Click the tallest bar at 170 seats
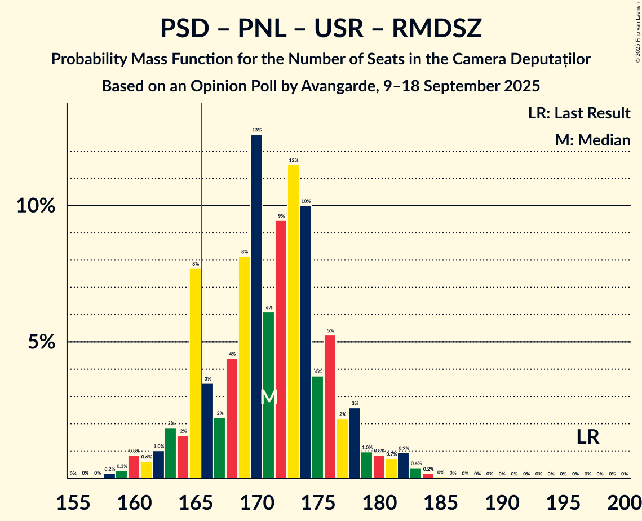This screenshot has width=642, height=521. pos(256,306)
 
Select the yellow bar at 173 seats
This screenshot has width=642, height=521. pos(293,321)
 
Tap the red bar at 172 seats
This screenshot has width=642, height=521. pos(281,349)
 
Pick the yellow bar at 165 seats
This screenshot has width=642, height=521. pos(195,373)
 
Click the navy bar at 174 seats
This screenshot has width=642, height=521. pos(305,342)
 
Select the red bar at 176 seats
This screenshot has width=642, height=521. pos(330,407)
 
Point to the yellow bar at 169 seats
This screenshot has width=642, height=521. pos(244,367)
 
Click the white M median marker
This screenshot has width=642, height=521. pos(269,396)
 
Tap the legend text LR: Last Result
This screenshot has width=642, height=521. pos(579,113)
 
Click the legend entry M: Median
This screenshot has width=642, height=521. pos(592,140)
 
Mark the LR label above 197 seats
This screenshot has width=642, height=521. pos(587,437)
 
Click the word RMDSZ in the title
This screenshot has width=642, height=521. pos(437,29)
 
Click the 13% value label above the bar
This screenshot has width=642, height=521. pos(256,130)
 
